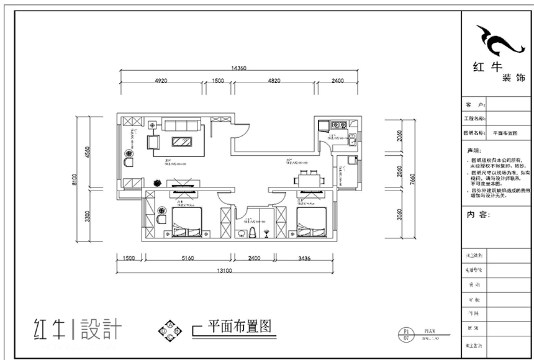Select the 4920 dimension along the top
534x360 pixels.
coord(161,81)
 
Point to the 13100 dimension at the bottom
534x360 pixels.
coord(224,271)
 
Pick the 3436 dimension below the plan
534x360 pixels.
coord(304,258)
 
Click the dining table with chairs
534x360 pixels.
coord(309,179)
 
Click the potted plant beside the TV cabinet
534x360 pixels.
coord(157,183)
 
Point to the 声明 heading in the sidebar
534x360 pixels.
coord(473,151)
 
